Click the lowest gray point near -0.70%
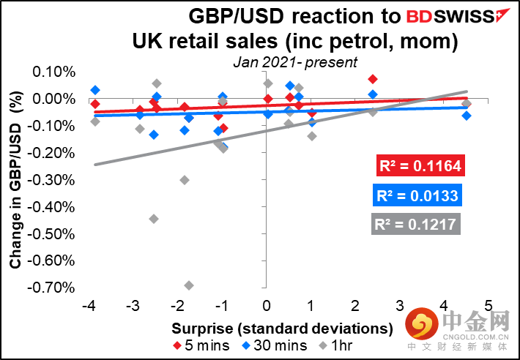[x=189, y=285]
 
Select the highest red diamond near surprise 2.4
[x=373, y=79]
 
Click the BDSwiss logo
[x=448, y=15]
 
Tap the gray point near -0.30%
[x=185, y=180]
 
